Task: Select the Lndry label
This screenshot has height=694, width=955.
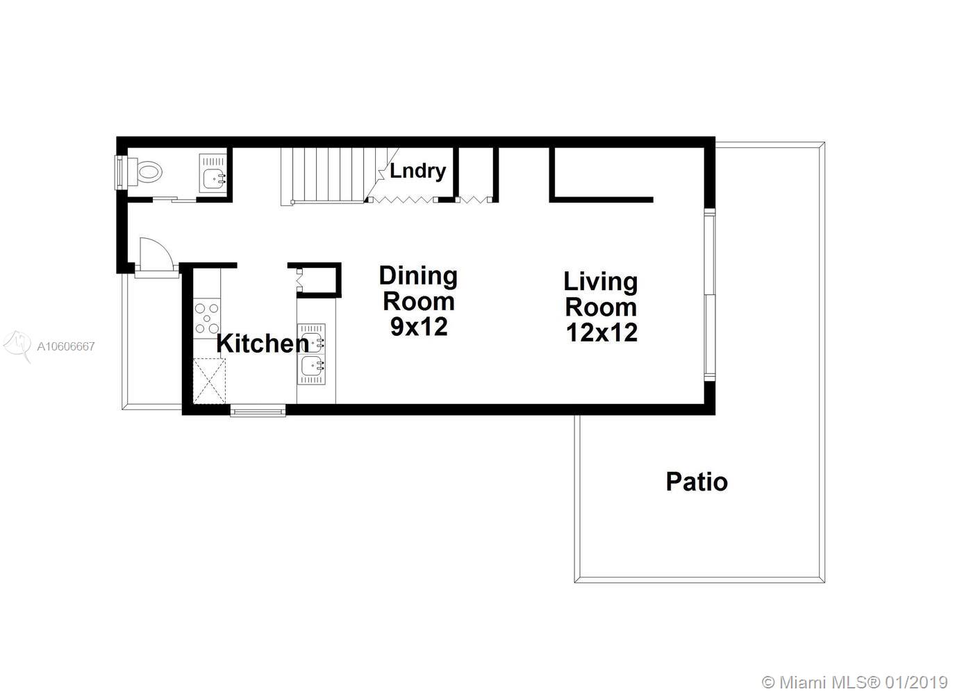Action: click(x=417, y=171)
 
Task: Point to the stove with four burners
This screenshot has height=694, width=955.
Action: click(x=206, y=319)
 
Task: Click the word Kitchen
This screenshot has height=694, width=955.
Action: click(x=263, y=344)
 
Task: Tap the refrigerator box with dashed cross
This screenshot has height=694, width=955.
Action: click(x=209, y=381)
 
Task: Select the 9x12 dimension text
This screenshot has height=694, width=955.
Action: click(x=419, y=327)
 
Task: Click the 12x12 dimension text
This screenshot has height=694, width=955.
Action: click(x=601, y=332)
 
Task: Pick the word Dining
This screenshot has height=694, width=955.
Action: click(x=418, y=276)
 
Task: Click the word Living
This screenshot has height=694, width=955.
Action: click(x=601, y=282)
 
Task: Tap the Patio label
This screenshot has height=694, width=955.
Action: click(x=697, y=482)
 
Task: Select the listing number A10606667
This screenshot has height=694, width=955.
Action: click(x=66, y=346)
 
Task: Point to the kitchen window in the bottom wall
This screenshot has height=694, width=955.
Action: click(x=258, y=411)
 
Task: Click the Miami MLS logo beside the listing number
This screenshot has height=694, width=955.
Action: click(x=17, y=345)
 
